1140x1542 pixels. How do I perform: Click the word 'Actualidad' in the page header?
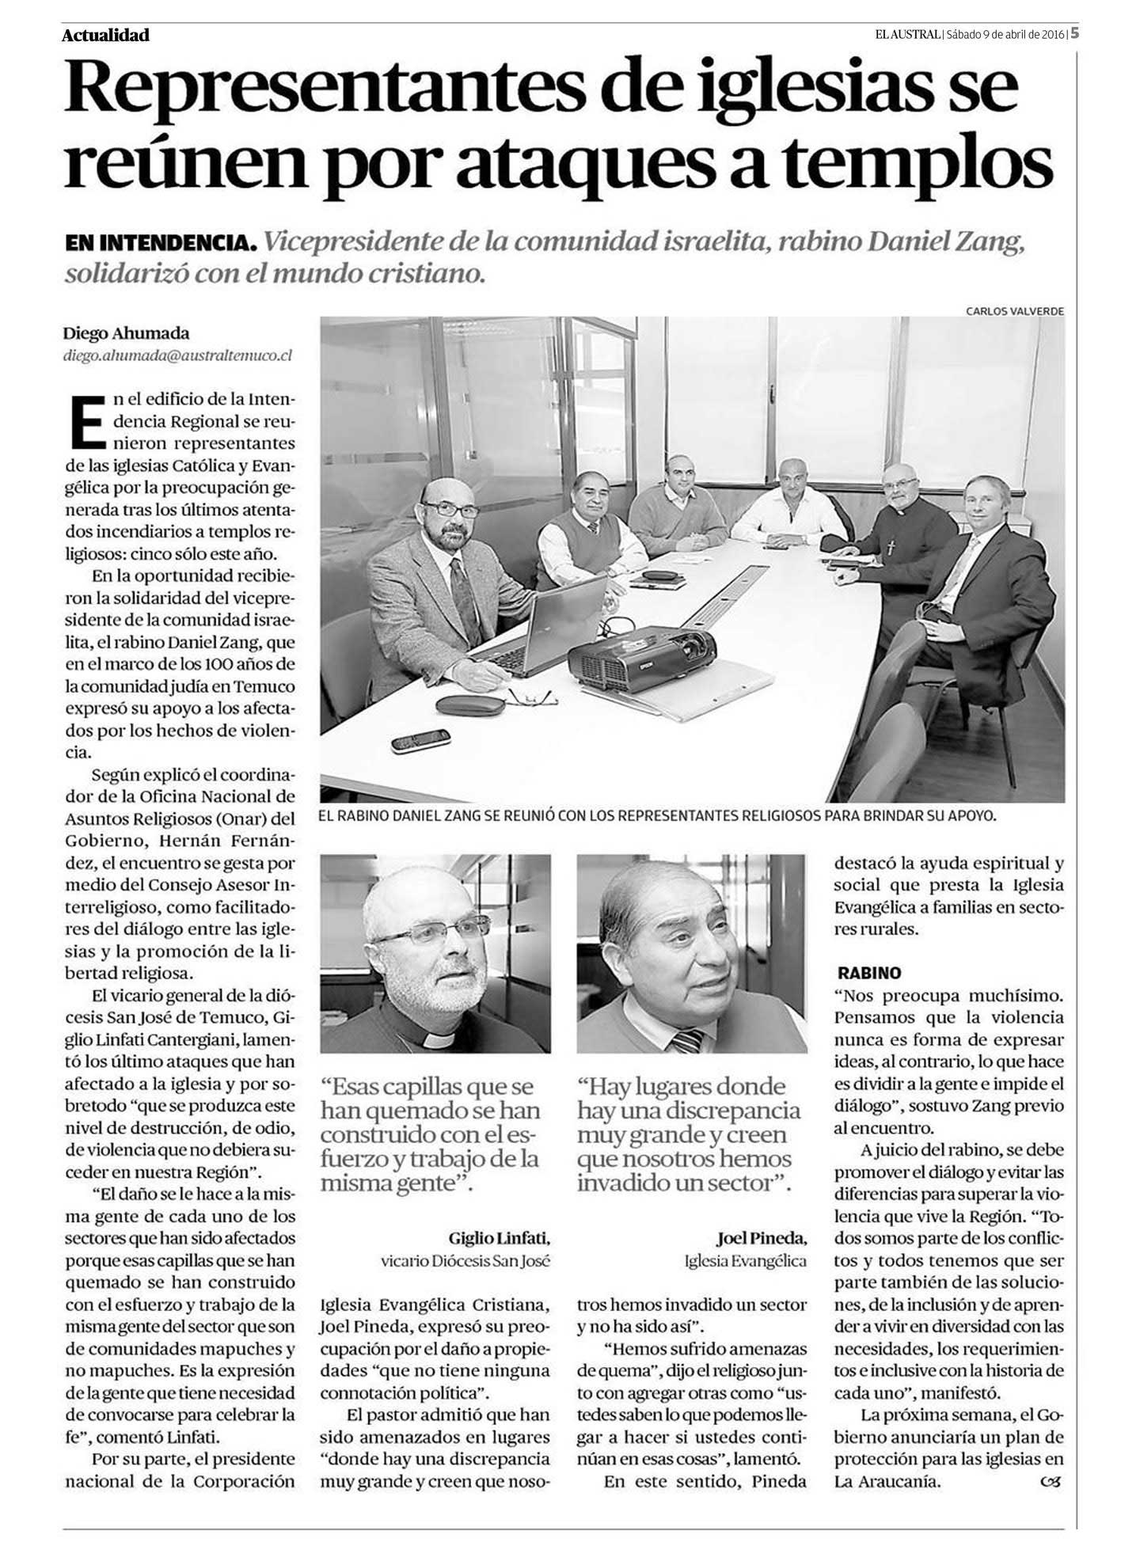pyautogui.click(x=105, y=35)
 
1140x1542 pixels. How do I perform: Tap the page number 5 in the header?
pyautogui.click(x=1076, y=33)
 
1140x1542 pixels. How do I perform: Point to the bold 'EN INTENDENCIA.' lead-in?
pyautogui.click(x=160, y=243)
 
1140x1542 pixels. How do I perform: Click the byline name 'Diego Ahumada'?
pyautogui.click(x=127, y=334)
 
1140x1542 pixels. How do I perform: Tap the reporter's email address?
pyautogui.click(x=178, y=355)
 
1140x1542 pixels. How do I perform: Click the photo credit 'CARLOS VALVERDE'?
pyautogui.click(x=1014, y=311)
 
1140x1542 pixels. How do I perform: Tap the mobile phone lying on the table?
pyautogui.click(x=421, y=742)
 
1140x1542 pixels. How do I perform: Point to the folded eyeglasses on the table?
pyautogui.click(x=532, y=697)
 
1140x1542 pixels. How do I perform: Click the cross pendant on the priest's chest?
pyautogui.click(x=891, y=545)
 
